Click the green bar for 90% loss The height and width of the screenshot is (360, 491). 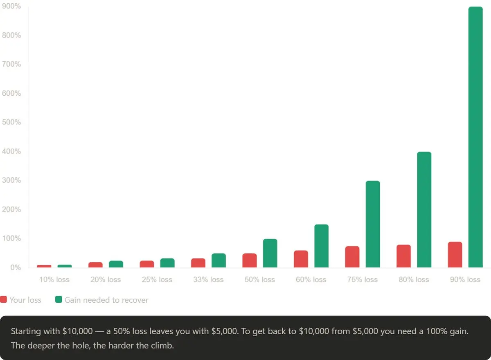coord(475,137)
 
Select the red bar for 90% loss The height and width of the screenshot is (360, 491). coord(455,254)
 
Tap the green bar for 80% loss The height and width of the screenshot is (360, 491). coord(424,209)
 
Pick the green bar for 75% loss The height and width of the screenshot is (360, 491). coord(373,224)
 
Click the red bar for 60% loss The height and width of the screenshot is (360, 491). coord(301,259)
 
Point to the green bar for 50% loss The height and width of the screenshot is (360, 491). coord(270,253)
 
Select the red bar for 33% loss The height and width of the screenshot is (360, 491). coord(198,263)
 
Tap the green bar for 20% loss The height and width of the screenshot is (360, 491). coord(116,264)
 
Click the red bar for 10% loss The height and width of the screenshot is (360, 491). coord(44,266)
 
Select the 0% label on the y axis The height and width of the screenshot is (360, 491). coord(16,268)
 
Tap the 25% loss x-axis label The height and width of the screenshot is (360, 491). coord(157,280)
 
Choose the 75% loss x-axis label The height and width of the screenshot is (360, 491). coord(363,280)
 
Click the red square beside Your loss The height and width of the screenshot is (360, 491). coord(4,299)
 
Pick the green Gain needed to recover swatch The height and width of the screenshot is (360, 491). coord(59,299)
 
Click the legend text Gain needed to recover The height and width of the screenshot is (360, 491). coord(106,300)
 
